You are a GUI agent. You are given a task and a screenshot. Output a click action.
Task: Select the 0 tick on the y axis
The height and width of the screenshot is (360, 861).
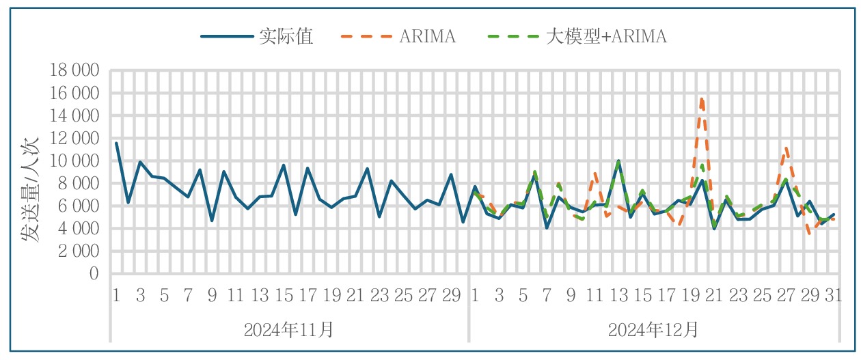pyautogui.click(x=94, y=273)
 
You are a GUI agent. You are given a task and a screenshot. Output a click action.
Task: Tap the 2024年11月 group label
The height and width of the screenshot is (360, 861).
pyautogui.click(x=289, y=331)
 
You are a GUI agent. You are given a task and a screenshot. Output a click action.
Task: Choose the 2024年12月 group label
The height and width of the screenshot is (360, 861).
pyautogui.click(x=653, y=331)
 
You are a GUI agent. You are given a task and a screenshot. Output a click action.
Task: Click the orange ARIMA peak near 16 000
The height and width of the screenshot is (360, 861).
pyautogui.click(x=702, y=98)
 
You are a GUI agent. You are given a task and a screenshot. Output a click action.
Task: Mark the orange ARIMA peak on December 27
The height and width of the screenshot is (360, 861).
pyautogui.click(x=787, y=147)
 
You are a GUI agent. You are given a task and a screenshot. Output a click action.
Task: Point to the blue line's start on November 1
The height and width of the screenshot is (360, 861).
pyautogui.click(x=116, y=143)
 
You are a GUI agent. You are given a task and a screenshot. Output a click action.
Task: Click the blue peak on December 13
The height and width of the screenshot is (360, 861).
pyautogui.click(x=618, y=161)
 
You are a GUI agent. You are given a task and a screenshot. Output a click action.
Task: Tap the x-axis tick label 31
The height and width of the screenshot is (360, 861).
pyautogui.click(x=833, y=296)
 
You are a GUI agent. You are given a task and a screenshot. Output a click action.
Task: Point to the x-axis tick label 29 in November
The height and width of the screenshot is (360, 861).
pyautogui.click(x=452, y=296)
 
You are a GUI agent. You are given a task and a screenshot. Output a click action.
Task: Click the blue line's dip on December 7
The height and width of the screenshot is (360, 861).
pyautogui.click(x=547, y=227)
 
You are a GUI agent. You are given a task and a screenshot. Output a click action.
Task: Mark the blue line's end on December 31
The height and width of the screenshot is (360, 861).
pyautogui.click(x=834, y=214)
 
